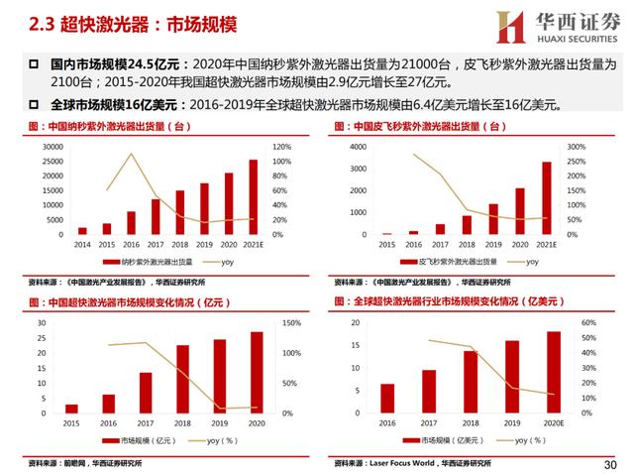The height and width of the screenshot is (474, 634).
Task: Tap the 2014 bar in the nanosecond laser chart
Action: pyautogui.click(x=81, y=230)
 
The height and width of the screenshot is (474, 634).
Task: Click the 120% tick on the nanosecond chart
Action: pyautogui.click(x=281, y=147)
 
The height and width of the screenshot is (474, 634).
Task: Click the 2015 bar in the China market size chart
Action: pyautogui.click(x=71, y=408)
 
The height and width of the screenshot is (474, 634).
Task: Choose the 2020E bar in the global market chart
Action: pyautogui.click(x=553, y=372)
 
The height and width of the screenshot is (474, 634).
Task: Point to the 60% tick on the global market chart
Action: pyautogui.click(x=586, y=323)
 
